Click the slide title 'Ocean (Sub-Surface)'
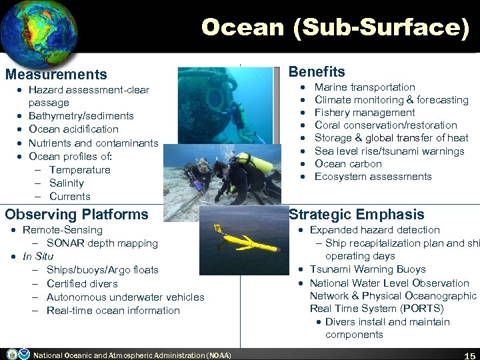pyautogui.click(x=335, y=27)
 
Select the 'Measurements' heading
pyautogui.click(x=56, y=75)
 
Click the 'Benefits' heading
pyautogui.click(x=317, y=71)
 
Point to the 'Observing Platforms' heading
pyautogui.click(x=77, y=214)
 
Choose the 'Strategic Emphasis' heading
pyautogui.click(x=356, y=214)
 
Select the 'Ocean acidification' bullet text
pyautogui.click(x=73, y=129)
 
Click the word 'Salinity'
pyautogui.click(x=66, y=183)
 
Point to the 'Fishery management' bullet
pyautogui.click(x=364, y=113)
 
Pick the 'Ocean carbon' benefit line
pyautogui.click(x=348, y=164)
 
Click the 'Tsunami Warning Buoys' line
pyautogui.click(x=367, y=269)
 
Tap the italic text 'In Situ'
pyautogui.click(x=38, y=256)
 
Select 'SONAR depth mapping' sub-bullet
pyautogui.click(x=102, y=243)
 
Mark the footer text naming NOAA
pyautogui.click(x=131, y=355)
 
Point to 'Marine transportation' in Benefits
pyautogui.click(x=365, y=87)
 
